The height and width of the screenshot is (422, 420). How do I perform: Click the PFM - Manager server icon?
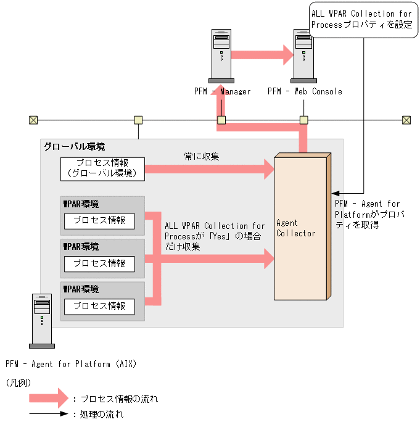(221, 56)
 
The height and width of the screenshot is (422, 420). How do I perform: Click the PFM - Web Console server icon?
(304, 56)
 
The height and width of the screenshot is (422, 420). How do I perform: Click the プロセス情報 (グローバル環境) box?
(102, 169)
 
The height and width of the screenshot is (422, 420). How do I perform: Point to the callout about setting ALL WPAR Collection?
(361, 19)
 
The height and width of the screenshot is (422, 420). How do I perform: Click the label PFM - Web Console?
(305, 91)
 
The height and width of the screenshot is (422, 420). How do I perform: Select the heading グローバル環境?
(74, 147)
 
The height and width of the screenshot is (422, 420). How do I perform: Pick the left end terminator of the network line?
(33, 120)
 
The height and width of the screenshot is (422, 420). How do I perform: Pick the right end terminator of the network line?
(406, 120)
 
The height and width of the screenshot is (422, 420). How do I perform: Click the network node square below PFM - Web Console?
(303, 120)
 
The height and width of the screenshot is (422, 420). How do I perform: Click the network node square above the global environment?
(139, 120)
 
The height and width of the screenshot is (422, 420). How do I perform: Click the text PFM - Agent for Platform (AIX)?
(70, 364)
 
